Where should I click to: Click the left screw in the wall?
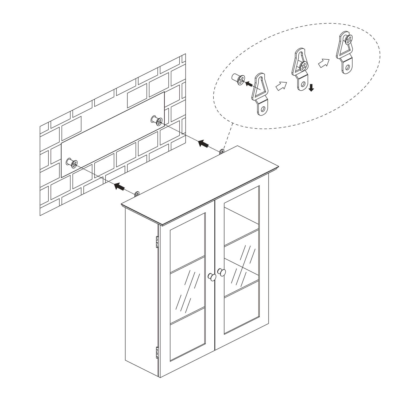72,163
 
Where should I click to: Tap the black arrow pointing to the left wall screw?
120,187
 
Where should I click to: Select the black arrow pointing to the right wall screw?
203,144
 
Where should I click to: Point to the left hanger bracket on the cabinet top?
137,194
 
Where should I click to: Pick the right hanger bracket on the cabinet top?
222,152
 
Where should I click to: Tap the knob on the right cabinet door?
222,272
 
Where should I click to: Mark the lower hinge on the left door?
157,351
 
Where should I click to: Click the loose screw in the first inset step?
238,79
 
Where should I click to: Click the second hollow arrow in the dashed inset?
323,63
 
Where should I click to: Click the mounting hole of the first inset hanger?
264,109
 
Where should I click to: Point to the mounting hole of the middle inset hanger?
303,84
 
